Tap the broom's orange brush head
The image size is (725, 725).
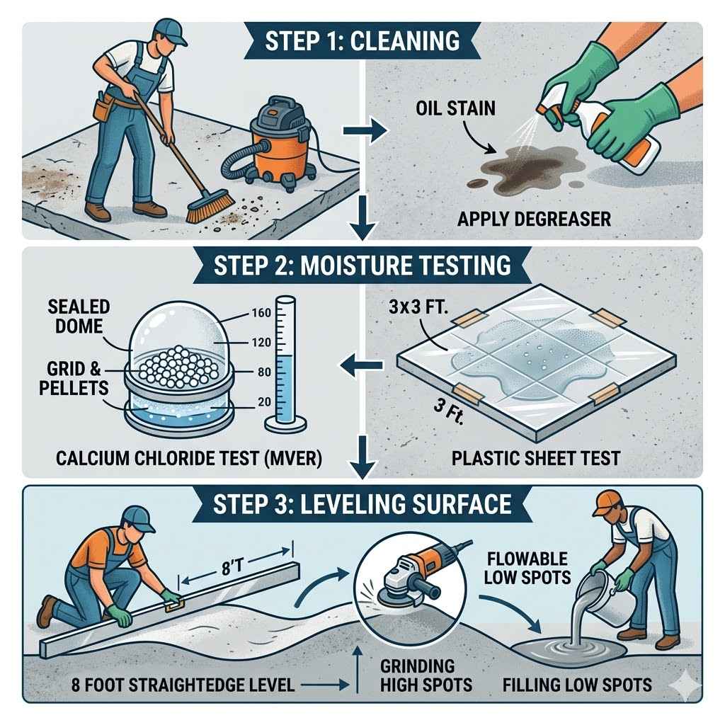click(x=212, y=206)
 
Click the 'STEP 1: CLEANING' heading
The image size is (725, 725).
click(x=362, y=40)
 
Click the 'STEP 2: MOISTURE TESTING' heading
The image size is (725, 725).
click(x=362, y=265)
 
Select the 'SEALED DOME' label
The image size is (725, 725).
click(x=80, y=316)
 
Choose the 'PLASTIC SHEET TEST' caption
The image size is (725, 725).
click(x=535, y=458)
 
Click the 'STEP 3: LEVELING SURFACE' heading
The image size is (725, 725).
click(x=362, y=503)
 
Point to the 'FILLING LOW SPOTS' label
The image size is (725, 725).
click(x=576, y=685)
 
